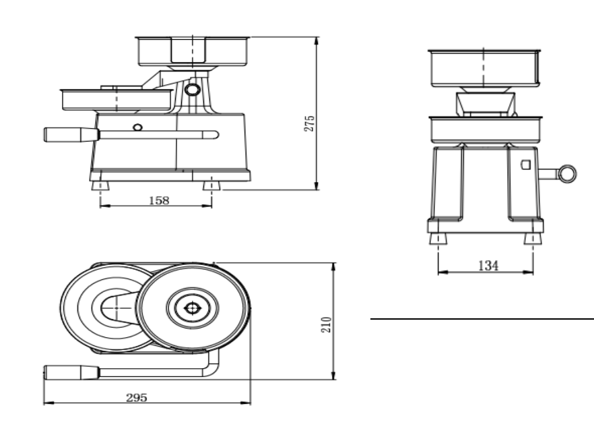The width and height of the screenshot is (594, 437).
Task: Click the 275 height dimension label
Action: (310, 123)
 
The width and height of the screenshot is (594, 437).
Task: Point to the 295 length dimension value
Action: (137, 397)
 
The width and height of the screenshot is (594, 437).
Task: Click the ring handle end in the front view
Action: (568, 174)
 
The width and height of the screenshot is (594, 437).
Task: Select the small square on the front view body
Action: (526, 164)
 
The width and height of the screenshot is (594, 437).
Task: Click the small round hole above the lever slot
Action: (137, 127)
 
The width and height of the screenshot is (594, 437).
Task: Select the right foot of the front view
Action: (533, 239)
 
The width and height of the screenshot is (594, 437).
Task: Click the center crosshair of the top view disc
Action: (193, 308)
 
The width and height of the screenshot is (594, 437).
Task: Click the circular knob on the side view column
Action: (193, 89)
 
